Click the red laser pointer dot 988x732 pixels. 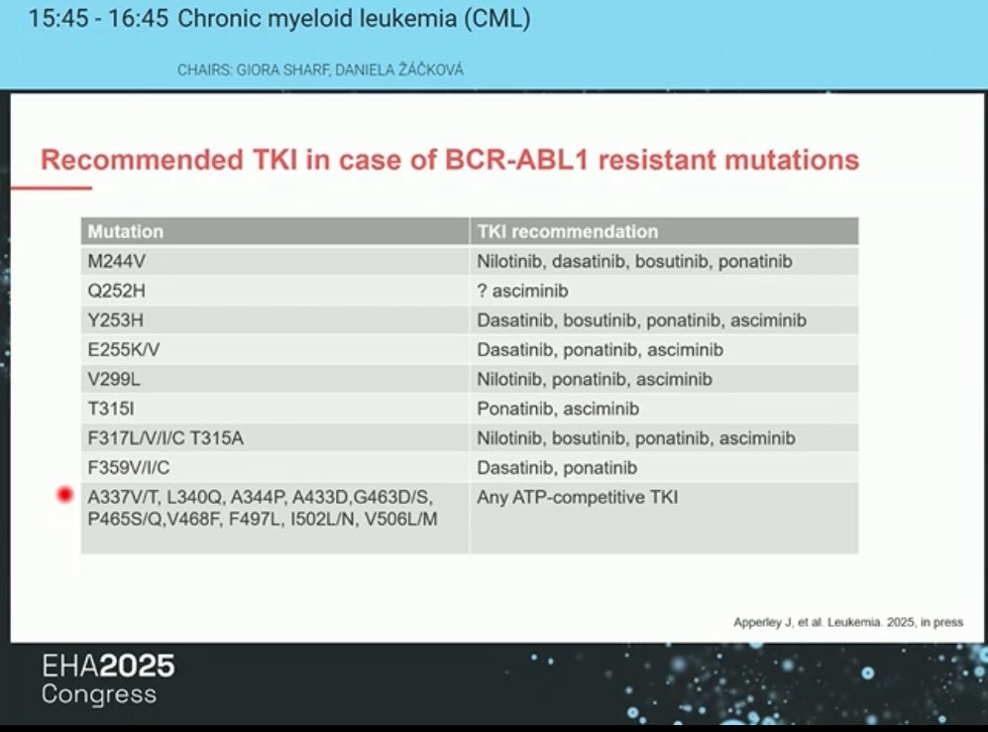tap(64, 495)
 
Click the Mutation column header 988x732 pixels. tap(126, 231)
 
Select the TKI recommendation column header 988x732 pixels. tap(567, 231)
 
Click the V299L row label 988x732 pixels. tap(114, 379)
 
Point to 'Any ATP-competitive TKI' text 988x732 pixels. tap(577, 497)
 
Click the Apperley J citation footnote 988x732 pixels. tap(848, 622)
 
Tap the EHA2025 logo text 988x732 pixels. tap(108, 666)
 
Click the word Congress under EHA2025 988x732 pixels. tap(99, 694)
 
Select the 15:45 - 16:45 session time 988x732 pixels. tap(98, 18)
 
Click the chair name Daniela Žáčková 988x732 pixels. tap(398, 69)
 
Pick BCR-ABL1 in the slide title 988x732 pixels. tap(516, 160)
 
